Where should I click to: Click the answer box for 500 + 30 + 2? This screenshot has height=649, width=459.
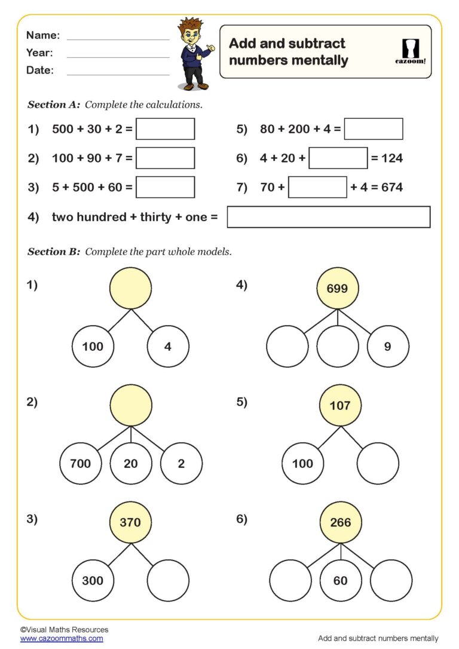pos(165,129)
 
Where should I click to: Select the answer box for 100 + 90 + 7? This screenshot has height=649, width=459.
pos(165,158)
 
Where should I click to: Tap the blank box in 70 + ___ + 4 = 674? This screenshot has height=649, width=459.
pos(317,187)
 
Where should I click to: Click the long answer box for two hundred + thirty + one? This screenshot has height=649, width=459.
pos(328,217)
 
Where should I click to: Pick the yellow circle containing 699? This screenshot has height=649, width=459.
pos(338,289)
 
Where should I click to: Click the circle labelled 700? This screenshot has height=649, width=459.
pos(81,463)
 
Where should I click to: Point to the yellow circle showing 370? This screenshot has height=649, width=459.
pos(130,522)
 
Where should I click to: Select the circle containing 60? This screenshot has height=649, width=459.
pos(341,580)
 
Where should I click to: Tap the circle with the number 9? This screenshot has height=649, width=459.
pos(388,346)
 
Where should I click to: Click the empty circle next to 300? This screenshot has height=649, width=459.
pos(168,580)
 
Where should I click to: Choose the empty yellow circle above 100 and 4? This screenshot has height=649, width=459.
pos(130,289)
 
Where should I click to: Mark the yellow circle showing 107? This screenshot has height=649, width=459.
pos(340,406)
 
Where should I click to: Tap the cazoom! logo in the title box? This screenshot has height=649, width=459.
pos(411,51)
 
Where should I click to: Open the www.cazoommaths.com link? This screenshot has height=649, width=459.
pos(62,638)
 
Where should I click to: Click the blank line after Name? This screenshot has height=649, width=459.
pos(118,39)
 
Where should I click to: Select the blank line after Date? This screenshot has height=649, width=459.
pos(118,75)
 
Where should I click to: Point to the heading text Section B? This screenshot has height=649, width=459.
pos(54,252)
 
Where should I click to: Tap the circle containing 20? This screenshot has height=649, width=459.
pos(131,463)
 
